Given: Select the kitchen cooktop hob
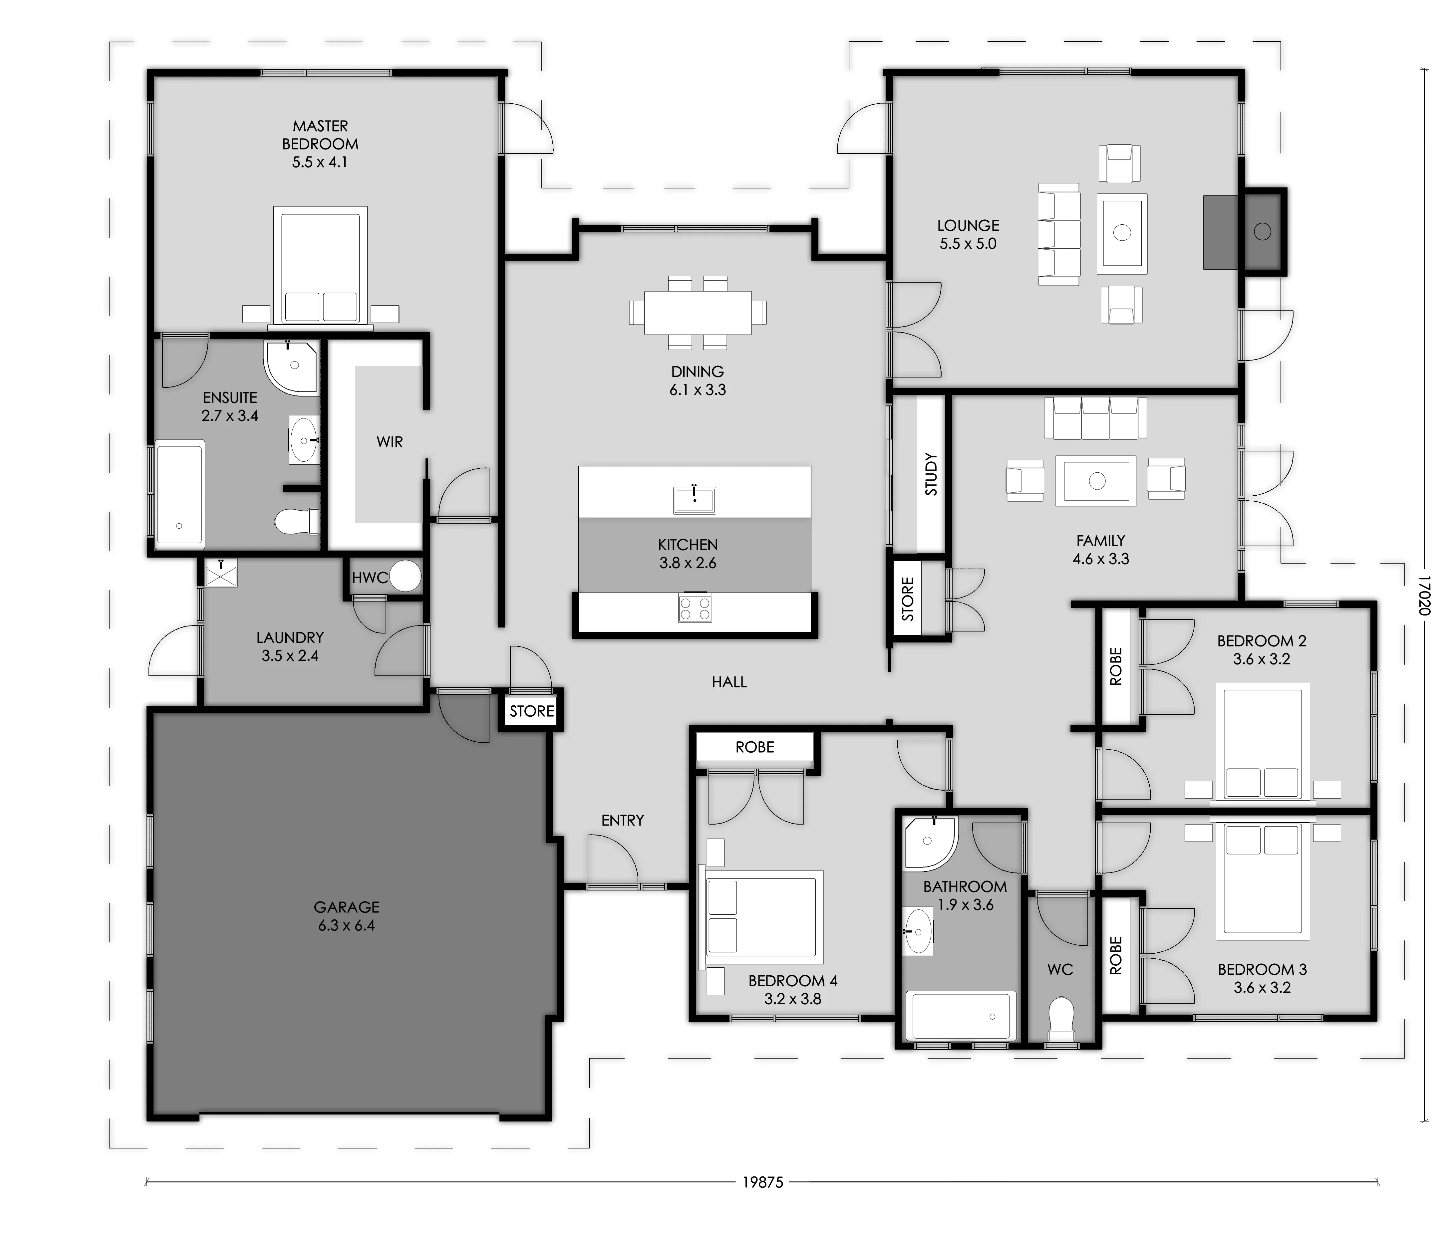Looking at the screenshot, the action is (695, 607).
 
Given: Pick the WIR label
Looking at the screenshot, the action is (390, 442).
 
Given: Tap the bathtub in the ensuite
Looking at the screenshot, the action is (180, 493).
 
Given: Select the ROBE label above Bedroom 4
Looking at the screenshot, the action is (754, 747).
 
